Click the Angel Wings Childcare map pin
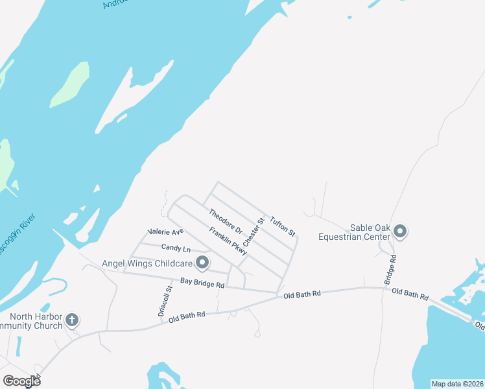[x=202, y=263]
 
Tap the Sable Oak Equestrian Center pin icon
[x=400, y=231]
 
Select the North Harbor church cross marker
[x=72, y=320]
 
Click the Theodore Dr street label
[x=225, y=221]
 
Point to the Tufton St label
[x=283, y=226]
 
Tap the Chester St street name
[x=254, y=231]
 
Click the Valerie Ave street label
[x=165, y=231]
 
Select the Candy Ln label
[x=176, y=248]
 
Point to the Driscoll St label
[x=164, y=300]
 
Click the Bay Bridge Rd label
[x=202, y=283]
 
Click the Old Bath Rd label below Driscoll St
[x=187, y=317]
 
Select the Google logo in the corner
[x=22, y=381]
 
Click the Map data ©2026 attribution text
[x=457, y=384]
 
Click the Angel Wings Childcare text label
[x=147, y=263]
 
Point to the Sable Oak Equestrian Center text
[x=354, y=232]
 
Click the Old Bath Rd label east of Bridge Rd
[x=410, y=294]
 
